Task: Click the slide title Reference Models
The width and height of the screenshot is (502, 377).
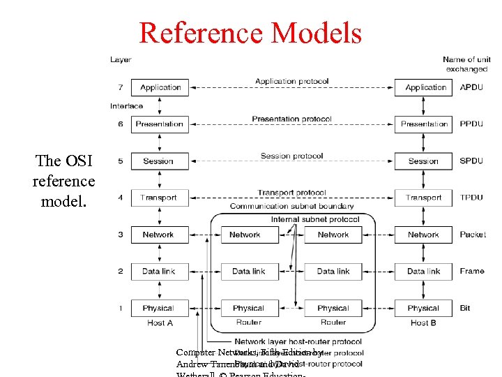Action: pos(250,33)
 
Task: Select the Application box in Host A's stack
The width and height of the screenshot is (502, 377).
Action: pos(160,87)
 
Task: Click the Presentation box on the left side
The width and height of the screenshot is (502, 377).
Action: pos(160,124)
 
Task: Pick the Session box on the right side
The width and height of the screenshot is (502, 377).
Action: pos(424,161)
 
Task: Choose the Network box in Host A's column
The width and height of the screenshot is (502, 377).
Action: pos(158,235)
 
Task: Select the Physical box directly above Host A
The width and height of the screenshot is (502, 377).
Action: pos(158,308)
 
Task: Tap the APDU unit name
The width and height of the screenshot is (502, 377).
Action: pos(471,88)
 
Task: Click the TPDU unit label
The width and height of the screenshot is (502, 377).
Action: pos(471,198)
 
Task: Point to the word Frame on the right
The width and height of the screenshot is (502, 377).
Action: pos(471,271)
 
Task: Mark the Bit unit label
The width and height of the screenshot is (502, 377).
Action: pos(465,308)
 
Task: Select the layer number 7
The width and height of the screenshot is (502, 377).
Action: pos(120,87)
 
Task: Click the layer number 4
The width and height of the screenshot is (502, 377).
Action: pos(120,198)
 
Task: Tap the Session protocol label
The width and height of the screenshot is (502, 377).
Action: pos(291,156)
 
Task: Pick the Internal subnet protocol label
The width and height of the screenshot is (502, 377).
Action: pos(315,219)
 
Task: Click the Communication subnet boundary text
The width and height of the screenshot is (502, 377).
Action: pos(291,207)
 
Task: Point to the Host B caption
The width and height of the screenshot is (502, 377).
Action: pos(423,323)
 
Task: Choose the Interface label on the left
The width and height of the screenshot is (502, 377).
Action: pos(126,106)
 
